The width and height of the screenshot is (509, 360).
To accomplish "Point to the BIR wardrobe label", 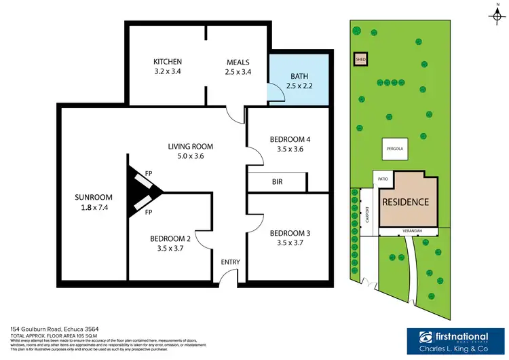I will click(277, 182).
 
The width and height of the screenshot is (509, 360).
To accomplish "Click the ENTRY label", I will click(230, 262).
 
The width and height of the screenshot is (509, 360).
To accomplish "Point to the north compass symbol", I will click(497, 14).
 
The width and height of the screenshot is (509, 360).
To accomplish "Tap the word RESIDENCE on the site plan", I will click(406, 202).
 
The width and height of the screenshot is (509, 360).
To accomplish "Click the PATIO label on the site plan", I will click(382, 179).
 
